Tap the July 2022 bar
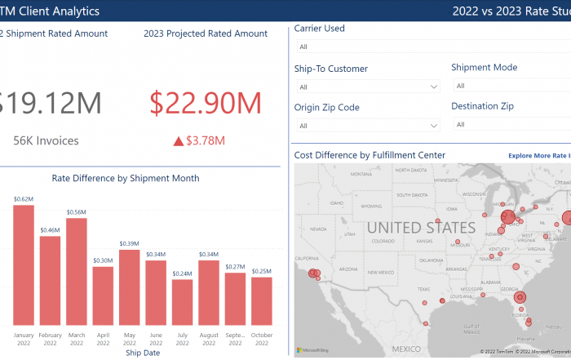click(x=182, y=301)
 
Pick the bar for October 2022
click(x=261, y=300)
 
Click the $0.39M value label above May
click(x=130, y=244)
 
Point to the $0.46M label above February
click(x=51, y=231)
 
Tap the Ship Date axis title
click(x=143, y=353)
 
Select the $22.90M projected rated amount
click(x=205, y=103)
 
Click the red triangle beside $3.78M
click(x=178, y=141)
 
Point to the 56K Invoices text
click(x=46, y=140)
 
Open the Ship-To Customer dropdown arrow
click(x=433, y=87)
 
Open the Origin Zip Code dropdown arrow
click(x=433, y=125)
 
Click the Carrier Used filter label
click(x=319, y=29)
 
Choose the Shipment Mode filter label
click(x=484, y=68)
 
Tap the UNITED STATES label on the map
click(x=420, y=227)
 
